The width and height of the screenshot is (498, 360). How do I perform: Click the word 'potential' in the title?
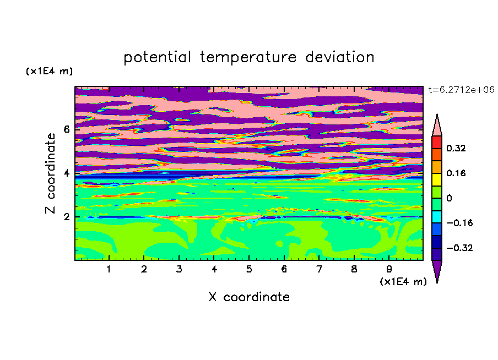pos(157,58)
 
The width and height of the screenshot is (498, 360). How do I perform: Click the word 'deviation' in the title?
pos(340,57)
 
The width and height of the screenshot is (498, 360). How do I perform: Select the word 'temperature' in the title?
pos(248,58)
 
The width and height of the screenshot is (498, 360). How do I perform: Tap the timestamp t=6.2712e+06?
pos(461,90)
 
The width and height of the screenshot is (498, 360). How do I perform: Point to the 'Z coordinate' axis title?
pos(50,173)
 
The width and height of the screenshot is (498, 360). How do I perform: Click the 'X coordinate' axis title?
pos(249,297)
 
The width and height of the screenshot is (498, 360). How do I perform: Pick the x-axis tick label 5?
pos(249,269)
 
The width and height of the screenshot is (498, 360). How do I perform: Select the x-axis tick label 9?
pos(389,269)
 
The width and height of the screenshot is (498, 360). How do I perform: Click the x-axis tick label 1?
pos(109,269)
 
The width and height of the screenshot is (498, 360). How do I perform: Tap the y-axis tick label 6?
pos(66,129)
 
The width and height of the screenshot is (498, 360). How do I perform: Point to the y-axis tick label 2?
pos(66,217)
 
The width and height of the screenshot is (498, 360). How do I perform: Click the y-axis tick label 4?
pos(66,173)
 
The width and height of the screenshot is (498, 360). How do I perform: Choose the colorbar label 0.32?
pos(456,148)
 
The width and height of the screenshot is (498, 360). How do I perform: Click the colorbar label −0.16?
pos(459,223)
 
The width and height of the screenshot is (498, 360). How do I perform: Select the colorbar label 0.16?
pos(456,173)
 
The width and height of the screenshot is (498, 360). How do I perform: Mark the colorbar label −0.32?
pos(459,248)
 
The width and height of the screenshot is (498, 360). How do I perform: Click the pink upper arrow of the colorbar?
pos(437,128)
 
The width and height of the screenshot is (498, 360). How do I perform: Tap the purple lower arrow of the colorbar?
pos(437,269)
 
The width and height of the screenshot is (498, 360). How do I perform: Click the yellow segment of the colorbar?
pos(437,179)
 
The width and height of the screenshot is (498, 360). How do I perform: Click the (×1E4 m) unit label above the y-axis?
pos(49,71)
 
